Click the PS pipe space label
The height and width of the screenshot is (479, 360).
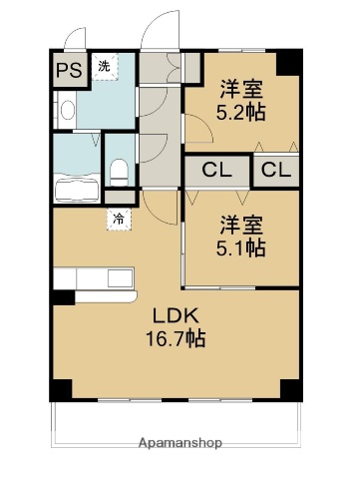(69, 70)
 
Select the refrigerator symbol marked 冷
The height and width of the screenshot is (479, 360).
(119, 217)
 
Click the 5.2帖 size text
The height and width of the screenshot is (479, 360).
(241, 112)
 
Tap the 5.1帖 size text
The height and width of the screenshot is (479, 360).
(241, 246)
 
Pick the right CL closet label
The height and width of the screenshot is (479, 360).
(277, 170)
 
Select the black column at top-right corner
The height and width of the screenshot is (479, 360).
(288, 60)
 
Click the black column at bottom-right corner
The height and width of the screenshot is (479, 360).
(289, 387)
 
